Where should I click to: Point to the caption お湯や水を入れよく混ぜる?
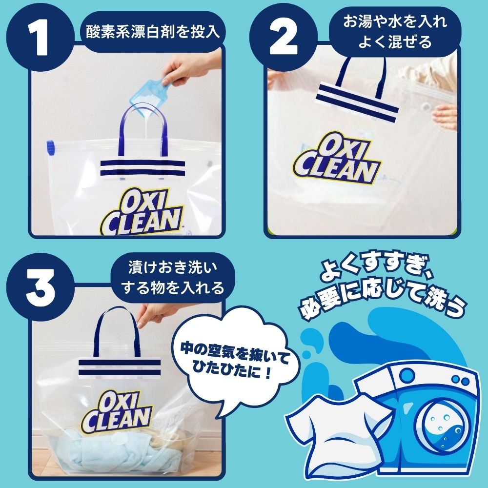(395, 31)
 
